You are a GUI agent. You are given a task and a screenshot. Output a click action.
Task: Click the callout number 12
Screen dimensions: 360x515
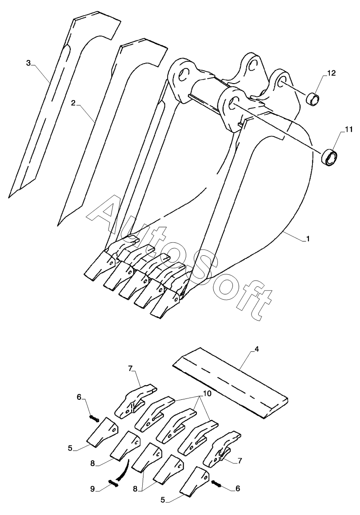(331, 73)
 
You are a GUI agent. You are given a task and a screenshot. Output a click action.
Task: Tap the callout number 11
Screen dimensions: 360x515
(348, 129)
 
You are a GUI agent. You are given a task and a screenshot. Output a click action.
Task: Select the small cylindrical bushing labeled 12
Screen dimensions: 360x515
(313, 98)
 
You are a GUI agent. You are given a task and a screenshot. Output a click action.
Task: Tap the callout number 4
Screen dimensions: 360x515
(257, 350)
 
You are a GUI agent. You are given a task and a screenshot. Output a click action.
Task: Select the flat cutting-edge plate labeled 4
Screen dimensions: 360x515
(230, 382)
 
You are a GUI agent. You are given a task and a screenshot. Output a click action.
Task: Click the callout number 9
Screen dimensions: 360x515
(92, 489)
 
